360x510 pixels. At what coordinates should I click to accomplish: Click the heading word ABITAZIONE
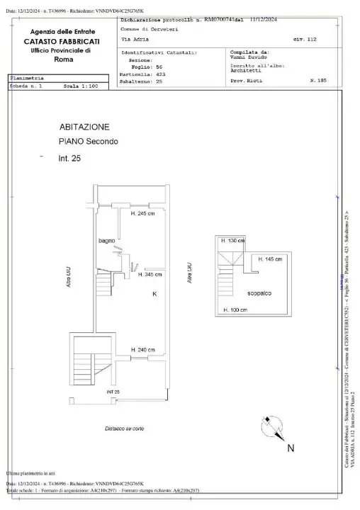point(84,127)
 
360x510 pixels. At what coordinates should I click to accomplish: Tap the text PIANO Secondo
point(88,141)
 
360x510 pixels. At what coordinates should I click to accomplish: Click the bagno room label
point(107,242)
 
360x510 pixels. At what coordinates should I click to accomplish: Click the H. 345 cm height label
point(145,273)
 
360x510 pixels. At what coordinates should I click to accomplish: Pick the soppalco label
point(262,293)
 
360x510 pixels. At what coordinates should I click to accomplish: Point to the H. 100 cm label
point(235,310)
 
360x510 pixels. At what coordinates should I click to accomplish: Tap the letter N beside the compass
point(291,448)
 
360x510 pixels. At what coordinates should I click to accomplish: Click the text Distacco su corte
point(125,429)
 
